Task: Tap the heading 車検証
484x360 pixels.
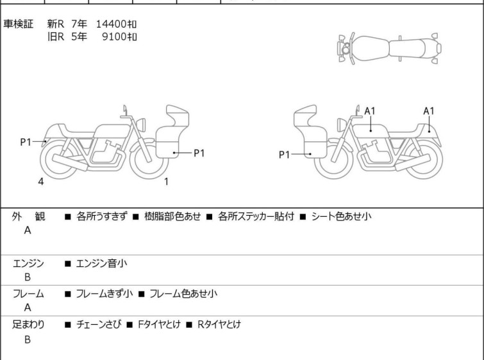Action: [19, 24]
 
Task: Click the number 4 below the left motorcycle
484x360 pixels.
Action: [41, 182]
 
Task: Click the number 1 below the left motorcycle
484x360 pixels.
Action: [166, 182]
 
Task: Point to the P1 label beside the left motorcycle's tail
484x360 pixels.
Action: [26, 142]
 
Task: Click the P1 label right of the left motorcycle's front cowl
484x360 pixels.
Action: [199, 153]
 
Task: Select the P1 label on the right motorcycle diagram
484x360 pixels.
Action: [285, 154]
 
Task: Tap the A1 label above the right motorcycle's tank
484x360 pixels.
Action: [370, 111]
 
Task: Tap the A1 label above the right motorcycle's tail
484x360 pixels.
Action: [429, 111]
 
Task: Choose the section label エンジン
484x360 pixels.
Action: [28, 262]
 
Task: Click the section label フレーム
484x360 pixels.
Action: [28, 294]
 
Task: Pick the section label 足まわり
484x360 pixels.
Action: [28, 325]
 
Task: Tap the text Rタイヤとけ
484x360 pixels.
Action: [218, 325]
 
